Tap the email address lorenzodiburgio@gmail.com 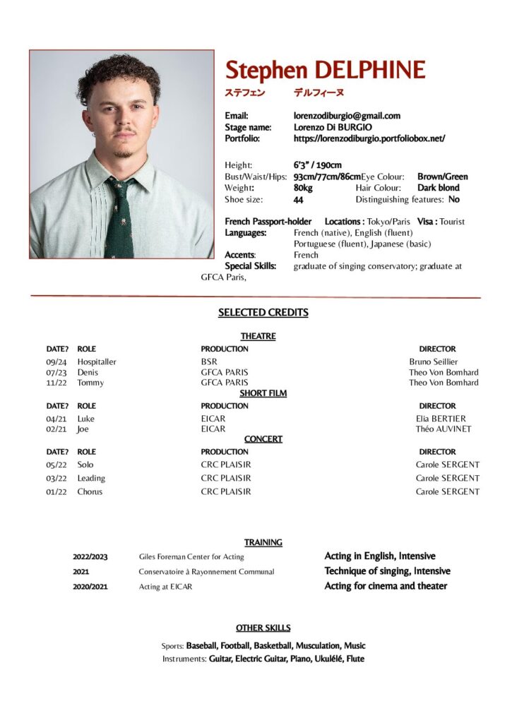pos(347,116)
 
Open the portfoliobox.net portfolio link pos(369,138)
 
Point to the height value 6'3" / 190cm pos(318,165)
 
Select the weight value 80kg pos(303,188)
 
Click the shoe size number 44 pos(299,200)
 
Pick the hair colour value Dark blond pos(438,188)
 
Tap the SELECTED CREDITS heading pos(263,313)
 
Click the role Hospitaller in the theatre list pos(97,362)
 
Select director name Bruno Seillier pos(433,362)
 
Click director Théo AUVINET pos(443,429)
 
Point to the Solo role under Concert pos(85,465)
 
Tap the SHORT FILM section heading pos(263,393)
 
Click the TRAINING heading pos(263,542)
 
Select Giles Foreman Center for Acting pos(191,557)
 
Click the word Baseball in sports pos(201,645)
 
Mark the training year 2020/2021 pos(90,586)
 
